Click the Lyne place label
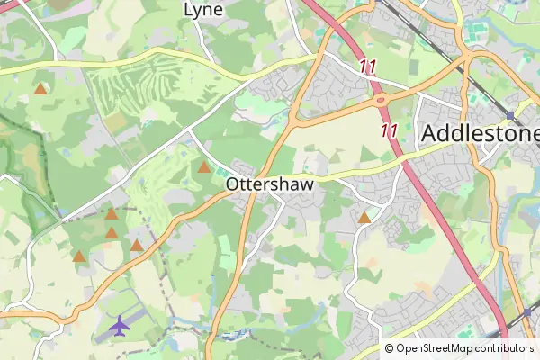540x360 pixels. point(202,10)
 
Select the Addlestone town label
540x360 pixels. point(480,134)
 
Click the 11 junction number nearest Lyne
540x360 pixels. point(366,67)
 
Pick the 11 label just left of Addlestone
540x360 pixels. point(389,131)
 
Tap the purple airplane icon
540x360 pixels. point(120,325)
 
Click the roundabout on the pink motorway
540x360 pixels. point(381,100)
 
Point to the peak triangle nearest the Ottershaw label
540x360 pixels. point(204,167)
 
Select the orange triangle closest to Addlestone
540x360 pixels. point(364,218)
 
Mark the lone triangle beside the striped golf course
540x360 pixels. point(40,89)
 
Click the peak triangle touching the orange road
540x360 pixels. point(137,246)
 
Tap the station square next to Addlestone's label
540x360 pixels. point(509,116)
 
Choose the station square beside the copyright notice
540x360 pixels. point(527,313)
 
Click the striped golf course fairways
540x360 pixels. point(126,90)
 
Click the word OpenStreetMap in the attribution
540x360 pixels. point(435,348)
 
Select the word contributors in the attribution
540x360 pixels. point(504,348)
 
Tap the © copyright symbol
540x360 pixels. point(389,348)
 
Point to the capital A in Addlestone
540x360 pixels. point(429,134)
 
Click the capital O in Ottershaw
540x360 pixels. point(234,184)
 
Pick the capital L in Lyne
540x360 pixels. point(188,10)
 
